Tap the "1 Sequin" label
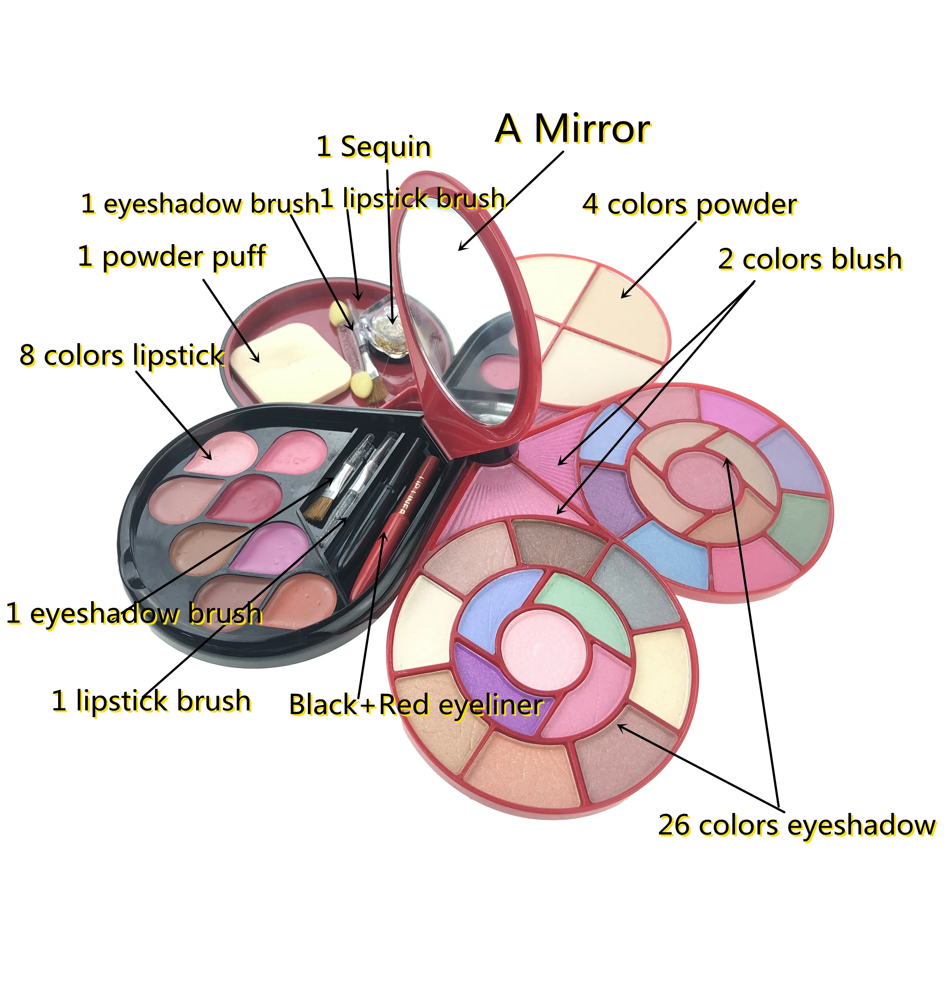coord(374,147)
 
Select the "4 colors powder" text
coord(689,205)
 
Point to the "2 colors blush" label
coord(809,260)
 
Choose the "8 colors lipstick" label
coord(122,356)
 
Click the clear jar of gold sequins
coord(383,328)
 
